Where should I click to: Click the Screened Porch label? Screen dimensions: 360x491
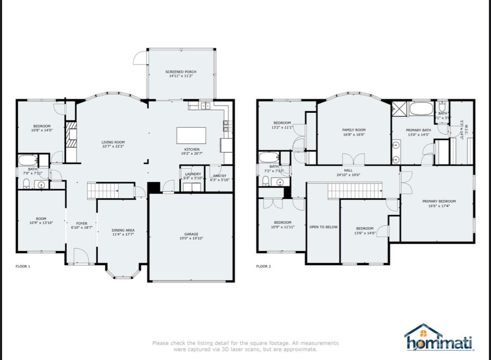pyautogui.click(x=181, y=72)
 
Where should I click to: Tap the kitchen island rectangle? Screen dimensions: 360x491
pyautogui.click(x=191, y=135)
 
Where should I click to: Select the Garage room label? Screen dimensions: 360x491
pyautogui.click(x=191, y=234)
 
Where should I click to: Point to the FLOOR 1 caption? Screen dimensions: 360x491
pyautogui.click(x=23, y=266)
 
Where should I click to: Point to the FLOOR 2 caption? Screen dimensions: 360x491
pyautogui.click(x=264, y=266)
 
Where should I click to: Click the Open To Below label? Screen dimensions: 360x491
pyautogui.click(x=323, y=227)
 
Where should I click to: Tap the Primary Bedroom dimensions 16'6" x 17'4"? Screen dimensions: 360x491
pyautogui.click(x=439, y=206)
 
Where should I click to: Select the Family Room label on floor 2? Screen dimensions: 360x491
pyautogui.click(x=354, y=130)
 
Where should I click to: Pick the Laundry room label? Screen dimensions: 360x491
pyautogui.click(x=193, y=174)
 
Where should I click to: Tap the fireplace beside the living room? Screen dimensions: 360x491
pyautogui.click(x=71, y=135)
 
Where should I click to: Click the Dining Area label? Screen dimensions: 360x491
pyautogui.click(x=123, y=230)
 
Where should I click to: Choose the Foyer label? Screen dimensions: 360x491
pyautogui.click(x=82, y=223)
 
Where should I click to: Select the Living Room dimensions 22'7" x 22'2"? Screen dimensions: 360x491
pyautogui.click(x=113, y=146)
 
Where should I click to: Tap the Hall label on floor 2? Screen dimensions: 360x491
pyautogui.click(x=348, y=170)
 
